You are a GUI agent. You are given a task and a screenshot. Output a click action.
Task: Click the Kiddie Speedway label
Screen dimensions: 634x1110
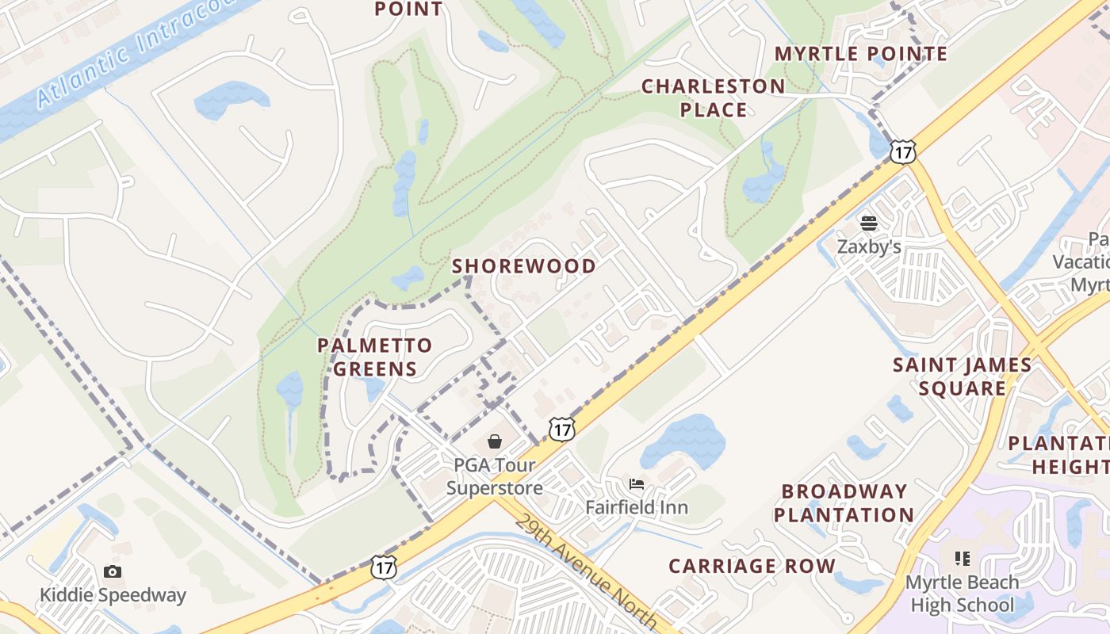tap(113, 595)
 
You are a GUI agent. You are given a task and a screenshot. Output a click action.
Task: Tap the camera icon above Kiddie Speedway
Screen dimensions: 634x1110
tap(113, 571)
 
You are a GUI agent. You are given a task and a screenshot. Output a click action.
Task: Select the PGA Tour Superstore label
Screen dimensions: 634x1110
tap(494, 476)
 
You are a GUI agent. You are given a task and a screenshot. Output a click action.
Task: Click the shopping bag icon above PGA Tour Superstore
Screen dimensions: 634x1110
tap(495, 441)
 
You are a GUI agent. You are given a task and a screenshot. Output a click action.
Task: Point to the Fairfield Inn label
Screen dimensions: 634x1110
tap(637, 507)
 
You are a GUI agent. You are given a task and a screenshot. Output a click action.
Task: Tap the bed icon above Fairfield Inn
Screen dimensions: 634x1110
tap(636, 483)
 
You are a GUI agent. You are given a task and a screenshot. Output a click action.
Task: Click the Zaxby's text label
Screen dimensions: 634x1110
tap(869, 247)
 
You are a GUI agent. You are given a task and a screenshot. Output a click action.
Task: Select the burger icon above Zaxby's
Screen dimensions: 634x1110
tap(869, 223)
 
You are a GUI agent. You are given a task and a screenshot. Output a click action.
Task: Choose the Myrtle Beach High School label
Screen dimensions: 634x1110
tap(962, 594)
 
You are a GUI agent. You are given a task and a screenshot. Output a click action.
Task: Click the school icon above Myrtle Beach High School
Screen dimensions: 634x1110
tap(963, 559)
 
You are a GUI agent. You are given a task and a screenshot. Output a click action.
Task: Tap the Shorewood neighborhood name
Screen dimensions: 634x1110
tap(524, 266)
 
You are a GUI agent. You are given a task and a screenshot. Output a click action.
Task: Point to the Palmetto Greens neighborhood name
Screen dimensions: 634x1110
tap(375, 357)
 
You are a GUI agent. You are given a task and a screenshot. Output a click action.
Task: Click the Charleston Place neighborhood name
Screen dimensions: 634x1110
tap(713, 98)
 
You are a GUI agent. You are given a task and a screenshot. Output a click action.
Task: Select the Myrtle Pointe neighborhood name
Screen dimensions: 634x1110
tap(861, 54)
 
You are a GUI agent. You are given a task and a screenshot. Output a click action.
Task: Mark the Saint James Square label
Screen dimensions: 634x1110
tap(962, 376)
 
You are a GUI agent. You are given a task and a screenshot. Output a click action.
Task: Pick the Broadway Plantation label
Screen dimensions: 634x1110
tap(844, 503)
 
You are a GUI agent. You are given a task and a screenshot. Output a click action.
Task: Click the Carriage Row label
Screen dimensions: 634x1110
tap(752, 566)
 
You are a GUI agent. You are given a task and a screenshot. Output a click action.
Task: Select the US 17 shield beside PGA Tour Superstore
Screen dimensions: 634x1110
tap(562, 430)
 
